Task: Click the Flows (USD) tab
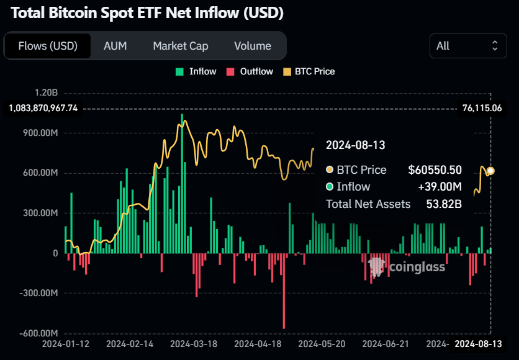click(x=48, y=46)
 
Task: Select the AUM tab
click(x=115, y=46)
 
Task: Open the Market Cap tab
click(x=181, y=46)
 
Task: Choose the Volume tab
click(x=253, y=46)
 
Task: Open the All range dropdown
click(x=467, y=46)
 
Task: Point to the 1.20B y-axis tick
click(x=47, y=92)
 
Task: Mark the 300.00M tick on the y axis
click(x=41, y=213)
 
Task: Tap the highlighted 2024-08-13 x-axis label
click(x=477, y=343)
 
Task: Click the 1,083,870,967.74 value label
click(x=43, y=108)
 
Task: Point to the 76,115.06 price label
click(x=482, y=108)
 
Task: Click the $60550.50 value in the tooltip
click(x=435, y=169)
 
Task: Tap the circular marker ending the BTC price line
click(x=490, y=171)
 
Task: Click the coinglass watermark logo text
click(x=417, y=267)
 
